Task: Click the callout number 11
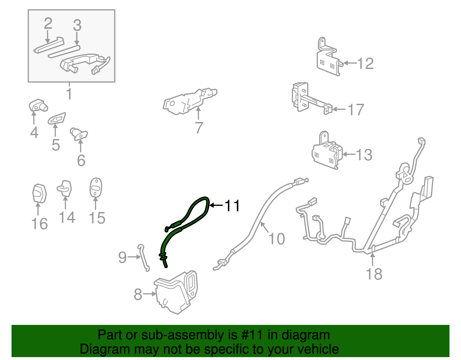point(232,206)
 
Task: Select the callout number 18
point(374,274)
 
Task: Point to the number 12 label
point(365,63)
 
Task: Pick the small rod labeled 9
point(143,257)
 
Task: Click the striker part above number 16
point(39,193)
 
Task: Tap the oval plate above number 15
point(96,187)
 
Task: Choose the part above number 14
point(65,189)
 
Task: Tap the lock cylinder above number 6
point(79,134)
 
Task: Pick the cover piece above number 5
point(57,118)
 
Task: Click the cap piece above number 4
point(38,105)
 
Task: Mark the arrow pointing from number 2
point(48,37)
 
